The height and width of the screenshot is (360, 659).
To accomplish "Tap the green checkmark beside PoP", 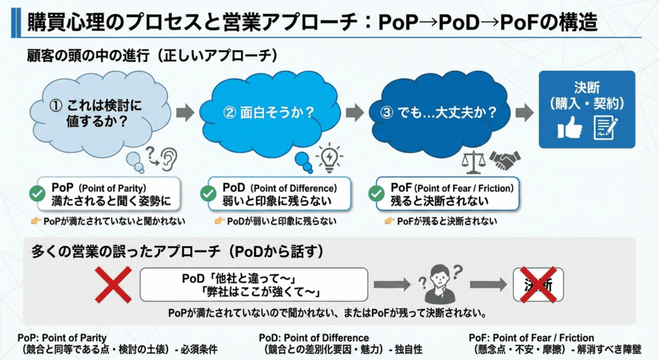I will tap(37, 193).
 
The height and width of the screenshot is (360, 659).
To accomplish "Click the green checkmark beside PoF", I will tap(376, 193).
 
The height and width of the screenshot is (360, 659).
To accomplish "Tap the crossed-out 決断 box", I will tap(539, 284).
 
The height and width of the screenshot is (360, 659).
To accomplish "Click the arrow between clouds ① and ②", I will tap(185, 113).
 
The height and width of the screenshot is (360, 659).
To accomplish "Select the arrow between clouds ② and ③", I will tap(355, 113).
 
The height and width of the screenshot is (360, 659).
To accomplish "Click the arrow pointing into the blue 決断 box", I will tap(524, 113).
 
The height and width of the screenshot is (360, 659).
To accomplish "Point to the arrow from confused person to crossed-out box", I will tap(487, 284).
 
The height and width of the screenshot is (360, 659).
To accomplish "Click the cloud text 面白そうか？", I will tap(268, 113).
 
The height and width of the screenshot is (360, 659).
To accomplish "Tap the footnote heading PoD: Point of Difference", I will tap(314, 337).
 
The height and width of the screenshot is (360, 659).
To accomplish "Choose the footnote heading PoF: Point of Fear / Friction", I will tap(532, 337).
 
